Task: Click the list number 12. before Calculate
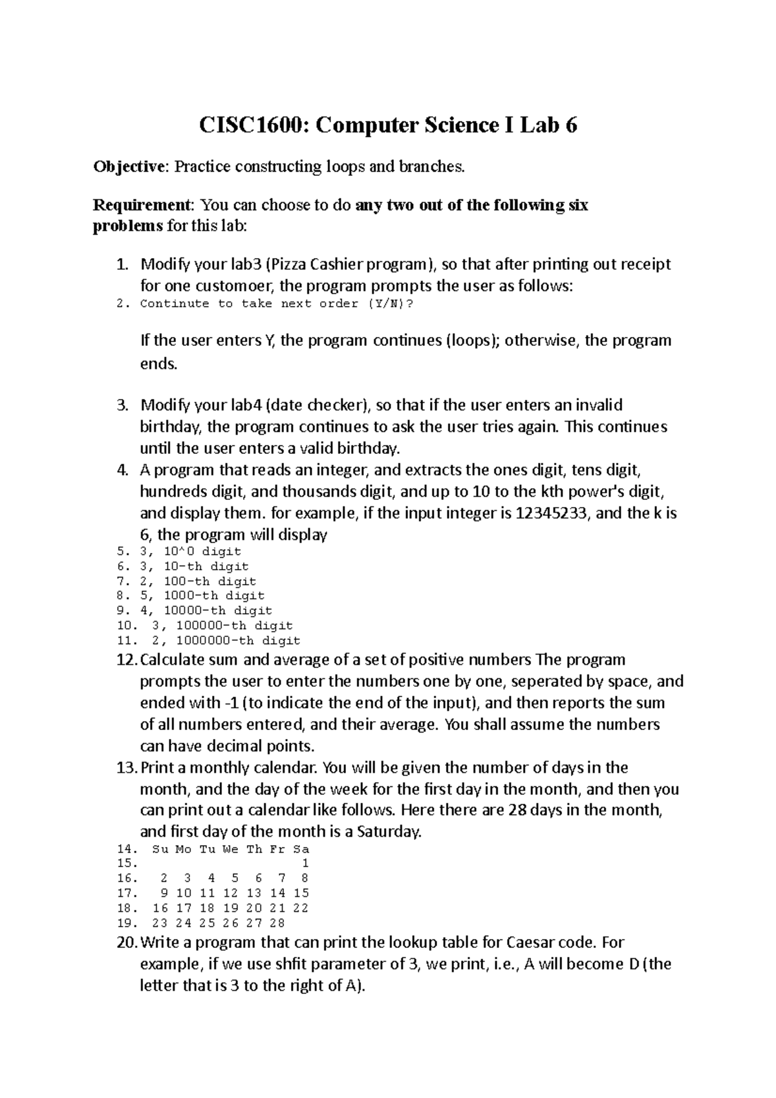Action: coord(127,660)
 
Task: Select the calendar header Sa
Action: coord(301,849)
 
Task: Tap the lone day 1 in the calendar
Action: coord(305,864)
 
